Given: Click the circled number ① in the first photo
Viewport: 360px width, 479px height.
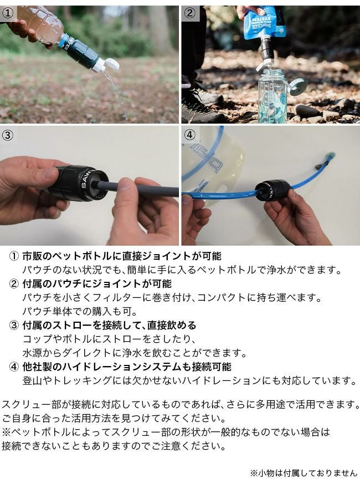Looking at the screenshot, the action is (7, 13).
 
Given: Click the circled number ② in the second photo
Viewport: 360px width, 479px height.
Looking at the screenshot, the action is (189, 13).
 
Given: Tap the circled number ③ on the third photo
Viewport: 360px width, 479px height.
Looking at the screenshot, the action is (7, 135).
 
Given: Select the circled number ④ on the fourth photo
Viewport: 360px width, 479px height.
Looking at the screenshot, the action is (189, 135).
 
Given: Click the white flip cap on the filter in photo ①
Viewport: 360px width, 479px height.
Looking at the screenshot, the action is (110, 65).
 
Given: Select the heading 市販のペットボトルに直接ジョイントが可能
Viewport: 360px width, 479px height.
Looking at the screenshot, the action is (122, 256).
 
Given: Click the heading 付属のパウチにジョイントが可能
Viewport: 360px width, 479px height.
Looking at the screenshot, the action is (97, 284).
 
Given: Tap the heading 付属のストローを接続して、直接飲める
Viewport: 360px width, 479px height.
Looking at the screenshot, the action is (110, 325).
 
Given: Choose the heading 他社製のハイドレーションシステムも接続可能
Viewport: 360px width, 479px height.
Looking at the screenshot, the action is (127, 367).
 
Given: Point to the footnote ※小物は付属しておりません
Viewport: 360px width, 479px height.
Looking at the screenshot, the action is (304, 472).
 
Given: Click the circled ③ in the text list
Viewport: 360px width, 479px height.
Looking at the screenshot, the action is (14, 326).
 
